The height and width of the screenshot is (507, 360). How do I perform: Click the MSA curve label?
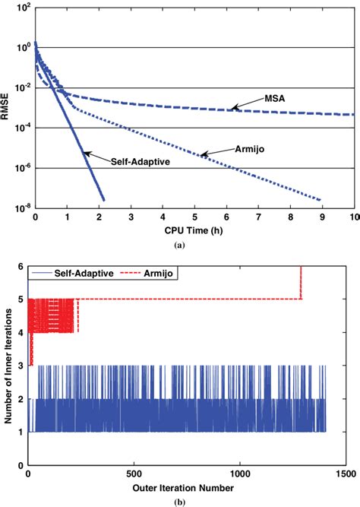tap(275, 100)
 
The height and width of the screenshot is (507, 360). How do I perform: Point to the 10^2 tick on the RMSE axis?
tap(24, 8)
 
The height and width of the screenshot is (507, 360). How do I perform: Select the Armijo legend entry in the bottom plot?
tap(162, 271)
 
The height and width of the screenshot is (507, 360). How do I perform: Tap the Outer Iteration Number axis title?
tap(181, 484)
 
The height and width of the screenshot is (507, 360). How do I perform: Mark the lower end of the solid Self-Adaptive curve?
tap(103, 200)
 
